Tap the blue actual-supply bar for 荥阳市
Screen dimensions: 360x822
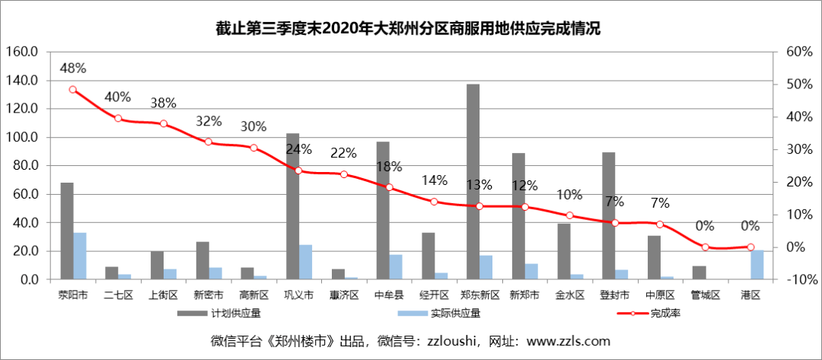pos(80,256)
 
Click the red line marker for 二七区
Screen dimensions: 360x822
pos(118,118)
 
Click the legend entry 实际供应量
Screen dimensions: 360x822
pos(448,313)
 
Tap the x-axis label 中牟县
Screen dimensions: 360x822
pos(390,294)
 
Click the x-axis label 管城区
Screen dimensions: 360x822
pos(706,294)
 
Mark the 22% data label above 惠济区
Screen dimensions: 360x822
pos(344,153)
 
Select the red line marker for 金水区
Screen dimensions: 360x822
pos(570,215)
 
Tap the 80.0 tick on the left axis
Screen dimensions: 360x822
pos(24,166)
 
